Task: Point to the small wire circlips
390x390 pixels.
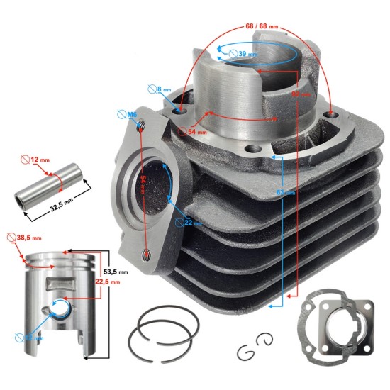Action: pyautogui.click(x=255, y=348)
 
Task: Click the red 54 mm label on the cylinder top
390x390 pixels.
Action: pyautogui.click(x=187, y=131)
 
